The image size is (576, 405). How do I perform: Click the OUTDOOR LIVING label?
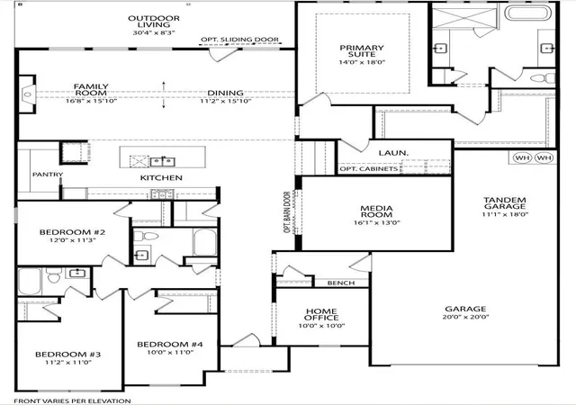[154, 22]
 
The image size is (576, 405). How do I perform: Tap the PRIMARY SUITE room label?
[362, 50]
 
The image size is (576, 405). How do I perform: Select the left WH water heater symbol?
[523, 158]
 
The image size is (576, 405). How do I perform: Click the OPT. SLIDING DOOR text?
[240, 40]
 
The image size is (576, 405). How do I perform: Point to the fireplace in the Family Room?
[27, 94]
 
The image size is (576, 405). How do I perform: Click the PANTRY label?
[48, 175]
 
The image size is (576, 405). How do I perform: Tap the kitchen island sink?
[163, 161]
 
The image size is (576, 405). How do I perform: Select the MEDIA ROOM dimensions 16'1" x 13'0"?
[377, 222]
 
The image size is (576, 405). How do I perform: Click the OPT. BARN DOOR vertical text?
[287, 212]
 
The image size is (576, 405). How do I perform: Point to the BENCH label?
[341, 283]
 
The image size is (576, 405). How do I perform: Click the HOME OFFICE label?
[322, 315]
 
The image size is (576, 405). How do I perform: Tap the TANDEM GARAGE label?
[505, 203]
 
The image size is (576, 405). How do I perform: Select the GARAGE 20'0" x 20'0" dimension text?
[466, 317]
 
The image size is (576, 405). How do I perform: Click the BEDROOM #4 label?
[170, 345]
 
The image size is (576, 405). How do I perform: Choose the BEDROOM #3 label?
[68, 355]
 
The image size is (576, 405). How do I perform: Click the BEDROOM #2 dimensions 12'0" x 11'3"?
[73, 240]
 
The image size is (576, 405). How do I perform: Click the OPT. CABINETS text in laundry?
[368, 169]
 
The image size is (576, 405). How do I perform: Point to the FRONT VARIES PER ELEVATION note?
[72, 401]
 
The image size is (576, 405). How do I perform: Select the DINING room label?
[226, 93]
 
